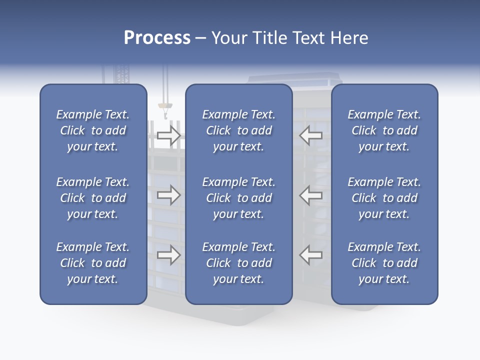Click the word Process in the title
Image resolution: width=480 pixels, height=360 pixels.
point(157,38)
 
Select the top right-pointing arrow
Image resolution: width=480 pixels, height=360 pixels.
point(169,135)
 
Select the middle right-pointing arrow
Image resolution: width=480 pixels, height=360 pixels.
point(169,195)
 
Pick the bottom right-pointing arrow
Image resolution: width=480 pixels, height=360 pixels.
point(169,255)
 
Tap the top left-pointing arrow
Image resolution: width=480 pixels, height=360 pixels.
point(311,135)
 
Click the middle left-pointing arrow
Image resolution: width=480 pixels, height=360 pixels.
point(311,195)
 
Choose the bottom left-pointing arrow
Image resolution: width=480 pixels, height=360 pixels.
point(311,255)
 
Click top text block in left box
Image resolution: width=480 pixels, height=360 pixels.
point(93,130)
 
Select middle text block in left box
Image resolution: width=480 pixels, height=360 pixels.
point(93,198)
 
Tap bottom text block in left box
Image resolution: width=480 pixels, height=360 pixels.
point(93,263)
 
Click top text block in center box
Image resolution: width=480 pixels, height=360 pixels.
point(238,130)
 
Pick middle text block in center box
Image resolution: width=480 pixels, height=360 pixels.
point(238,198)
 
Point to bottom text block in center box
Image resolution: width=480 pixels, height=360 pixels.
point(238,263)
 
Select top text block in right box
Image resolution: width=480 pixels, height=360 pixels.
point(384,130)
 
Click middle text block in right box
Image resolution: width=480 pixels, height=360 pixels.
point(384,198)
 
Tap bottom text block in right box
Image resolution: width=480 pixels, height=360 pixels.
point(384,263)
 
